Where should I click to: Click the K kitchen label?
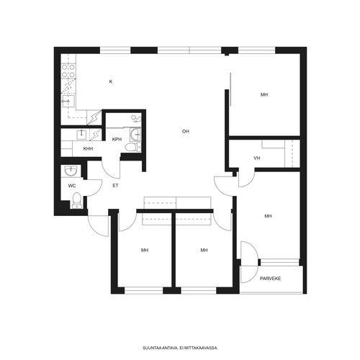tap(111, 81)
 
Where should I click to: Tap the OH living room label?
tap(186, 131)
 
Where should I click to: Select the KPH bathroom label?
tap(117, 139)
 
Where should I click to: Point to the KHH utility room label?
tap(88, 149)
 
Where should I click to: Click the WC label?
tap(72, 186)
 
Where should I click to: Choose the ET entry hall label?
tap(115, 186)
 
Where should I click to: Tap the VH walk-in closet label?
tap(257, 158)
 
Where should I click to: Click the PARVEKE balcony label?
tap(270, 279)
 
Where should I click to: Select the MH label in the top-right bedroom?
tap(264, 95)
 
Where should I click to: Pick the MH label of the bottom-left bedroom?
tap(145, 251)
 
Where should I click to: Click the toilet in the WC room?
tap(77, 200)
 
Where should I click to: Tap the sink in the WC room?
tap(71, 171)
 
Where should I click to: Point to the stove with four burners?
tap(68, 71)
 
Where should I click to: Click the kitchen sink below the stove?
tap(68, 101)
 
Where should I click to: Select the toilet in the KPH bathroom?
tap(133, 147)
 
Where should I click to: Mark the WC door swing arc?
tap(95, 188)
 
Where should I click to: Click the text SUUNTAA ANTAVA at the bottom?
tap(161, 348)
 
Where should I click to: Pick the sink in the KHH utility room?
tap(81, 135)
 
